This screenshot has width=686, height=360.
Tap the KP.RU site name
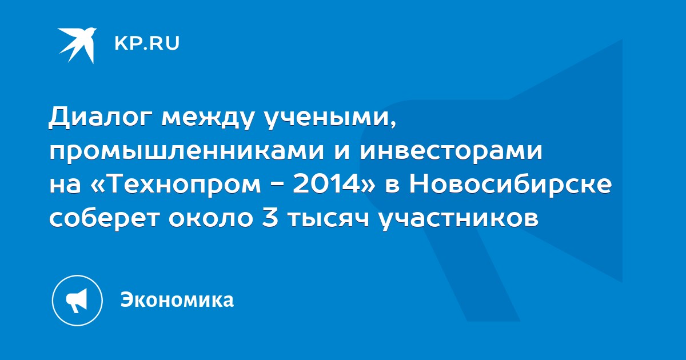147,43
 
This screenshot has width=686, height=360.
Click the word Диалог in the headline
101,118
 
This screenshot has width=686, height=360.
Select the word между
208,118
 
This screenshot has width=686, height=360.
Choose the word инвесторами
451,151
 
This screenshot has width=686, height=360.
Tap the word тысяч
328,219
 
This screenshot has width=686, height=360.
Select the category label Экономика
177,299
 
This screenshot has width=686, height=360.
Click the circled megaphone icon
77,301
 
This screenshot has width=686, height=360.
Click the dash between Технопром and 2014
277,186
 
